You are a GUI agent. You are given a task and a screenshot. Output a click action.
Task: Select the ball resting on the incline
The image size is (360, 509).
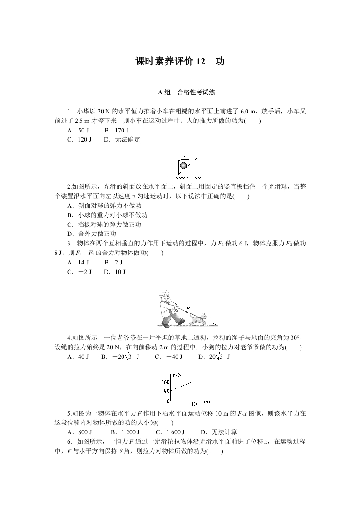click(x=183, y=166)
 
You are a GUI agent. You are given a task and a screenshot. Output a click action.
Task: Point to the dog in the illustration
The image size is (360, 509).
click(x=198, y=319)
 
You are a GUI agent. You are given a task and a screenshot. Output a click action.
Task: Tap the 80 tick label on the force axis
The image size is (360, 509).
click(x=166, y=391)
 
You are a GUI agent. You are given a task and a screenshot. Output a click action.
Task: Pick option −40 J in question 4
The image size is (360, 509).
click(x=168, y=357)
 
